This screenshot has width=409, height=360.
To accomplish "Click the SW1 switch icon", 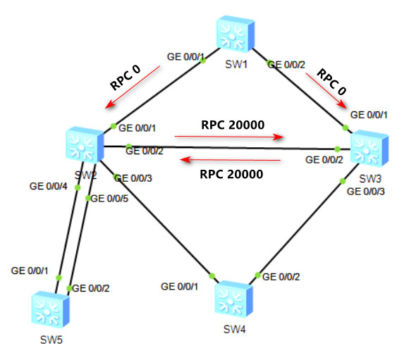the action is [236, 34].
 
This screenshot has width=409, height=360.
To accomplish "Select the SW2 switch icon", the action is [85, 144].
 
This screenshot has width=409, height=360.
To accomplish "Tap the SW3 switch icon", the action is [370, 149].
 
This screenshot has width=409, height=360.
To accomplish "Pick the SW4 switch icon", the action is [233, 299].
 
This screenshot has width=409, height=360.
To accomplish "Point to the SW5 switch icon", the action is [50, 309].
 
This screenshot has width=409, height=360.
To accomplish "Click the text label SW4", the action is [235, 330].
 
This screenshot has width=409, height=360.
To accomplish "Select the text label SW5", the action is [51, 340].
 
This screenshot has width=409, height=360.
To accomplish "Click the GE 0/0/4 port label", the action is [48, 186].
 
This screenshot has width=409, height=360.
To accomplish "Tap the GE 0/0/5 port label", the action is [109, 199].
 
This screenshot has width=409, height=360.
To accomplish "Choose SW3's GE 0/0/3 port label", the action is [366, 192].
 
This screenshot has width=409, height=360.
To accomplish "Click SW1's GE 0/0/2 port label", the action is [286, 65].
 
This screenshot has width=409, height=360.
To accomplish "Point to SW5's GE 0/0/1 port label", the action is [30, 271].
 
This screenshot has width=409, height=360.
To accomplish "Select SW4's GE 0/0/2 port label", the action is [281, 277].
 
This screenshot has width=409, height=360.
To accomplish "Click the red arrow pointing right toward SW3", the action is [229, 137].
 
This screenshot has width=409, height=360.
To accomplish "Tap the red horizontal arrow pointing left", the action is [231, 159].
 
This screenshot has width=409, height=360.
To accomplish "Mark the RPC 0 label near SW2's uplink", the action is [126, 77].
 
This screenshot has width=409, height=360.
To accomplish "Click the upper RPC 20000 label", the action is [233, 125].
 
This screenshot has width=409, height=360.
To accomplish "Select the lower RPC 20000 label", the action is [231, 174].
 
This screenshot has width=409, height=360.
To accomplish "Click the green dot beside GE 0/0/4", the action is [78, 187].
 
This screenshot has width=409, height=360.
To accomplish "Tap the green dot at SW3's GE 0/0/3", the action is [343, 181].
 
